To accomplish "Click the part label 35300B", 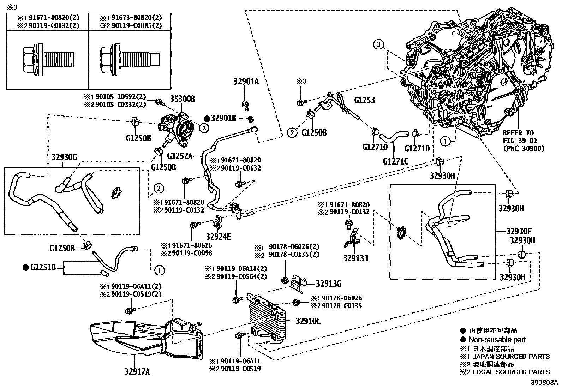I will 183,99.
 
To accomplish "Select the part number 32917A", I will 137,371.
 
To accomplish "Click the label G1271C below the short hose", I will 395,161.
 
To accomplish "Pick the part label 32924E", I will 219,237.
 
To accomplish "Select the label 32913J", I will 355,258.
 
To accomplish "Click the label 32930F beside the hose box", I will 519,232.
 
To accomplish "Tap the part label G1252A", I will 179,156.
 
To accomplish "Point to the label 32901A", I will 246,81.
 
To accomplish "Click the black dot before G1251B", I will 25,268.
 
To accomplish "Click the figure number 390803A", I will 545,382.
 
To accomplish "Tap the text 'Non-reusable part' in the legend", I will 497,340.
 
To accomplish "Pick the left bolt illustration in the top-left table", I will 47,59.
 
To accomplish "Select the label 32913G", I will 328,283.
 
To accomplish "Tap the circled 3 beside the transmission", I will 378,44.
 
